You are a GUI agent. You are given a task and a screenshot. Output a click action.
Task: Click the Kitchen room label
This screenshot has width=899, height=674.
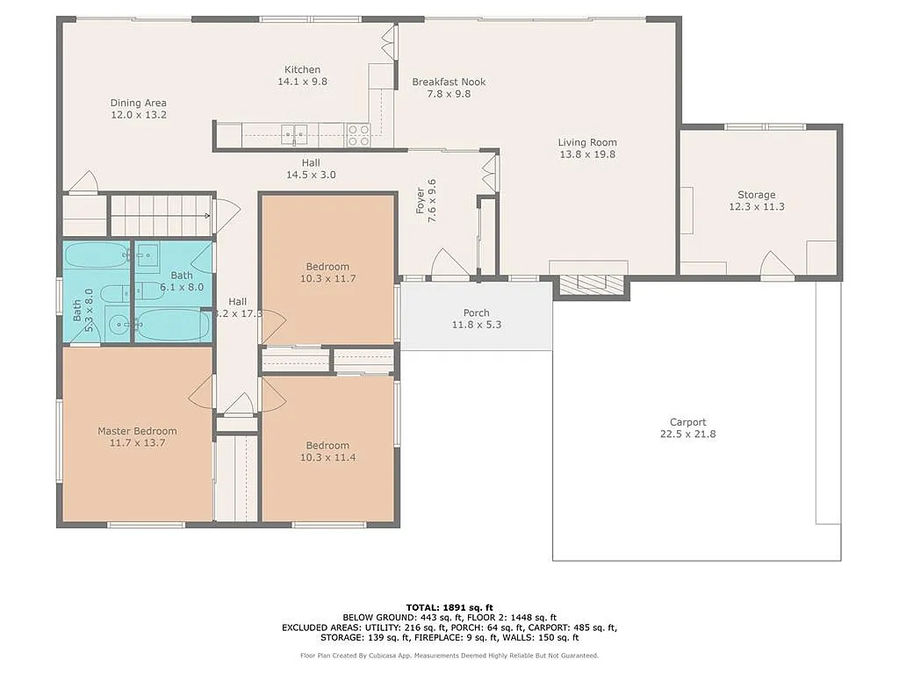pyautogui.click(x=302, y=69)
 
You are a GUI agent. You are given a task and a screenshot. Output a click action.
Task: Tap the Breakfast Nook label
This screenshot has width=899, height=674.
pyautogui.click(x=449, y=82)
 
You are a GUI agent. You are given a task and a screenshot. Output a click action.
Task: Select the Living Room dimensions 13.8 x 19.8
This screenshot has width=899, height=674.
pyautogui.click(x=587, y=154)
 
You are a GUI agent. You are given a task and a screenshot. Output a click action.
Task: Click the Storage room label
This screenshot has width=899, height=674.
pyautogui.click(x=756, y=195)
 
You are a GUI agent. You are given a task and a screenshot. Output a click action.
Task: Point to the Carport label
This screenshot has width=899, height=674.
pyautogui.click(x=687, y=422)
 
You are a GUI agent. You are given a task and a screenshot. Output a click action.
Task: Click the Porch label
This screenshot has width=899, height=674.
pyautogui.click(x=477, y=313)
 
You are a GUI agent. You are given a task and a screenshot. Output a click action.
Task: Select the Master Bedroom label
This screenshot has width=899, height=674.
pyautogui.click(x=137, y=431)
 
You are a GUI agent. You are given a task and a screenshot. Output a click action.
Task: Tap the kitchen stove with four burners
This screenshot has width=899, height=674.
pyautogui.click(x=358, y=134)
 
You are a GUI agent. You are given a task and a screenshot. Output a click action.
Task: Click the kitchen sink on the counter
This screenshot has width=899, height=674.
pyautogui.click(x=293, y=134)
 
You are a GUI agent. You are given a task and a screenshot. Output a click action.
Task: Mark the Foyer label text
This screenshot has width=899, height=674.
pyautogui.click(x=421, y=200)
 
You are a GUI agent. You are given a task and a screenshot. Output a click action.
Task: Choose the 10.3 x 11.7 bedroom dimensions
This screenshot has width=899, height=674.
pyautogui.click(x=327, y=279)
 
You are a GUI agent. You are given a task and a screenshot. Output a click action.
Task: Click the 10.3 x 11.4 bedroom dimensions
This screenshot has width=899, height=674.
pyautogui.click(x=327, y=457)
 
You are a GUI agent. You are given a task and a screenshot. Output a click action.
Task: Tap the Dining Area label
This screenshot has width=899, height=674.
pyautogui.click(x=138, y=103)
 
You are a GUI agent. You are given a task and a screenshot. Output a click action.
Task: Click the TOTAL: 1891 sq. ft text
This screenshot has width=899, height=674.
pyautogui.click(x=449, y=607)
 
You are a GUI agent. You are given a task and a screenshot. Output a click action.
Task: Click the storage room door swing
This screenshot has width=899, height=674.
pyautogui.click(x=777, y=265)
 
